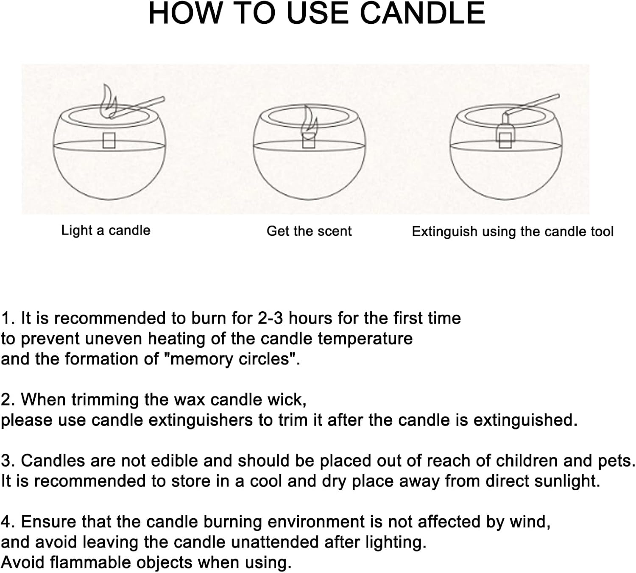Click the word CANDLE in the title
tap(422, 14)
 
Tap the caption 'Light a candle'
tap(106, 230)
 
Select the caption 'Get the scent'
tap(309, 231)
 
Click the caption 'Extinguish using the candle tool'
tap(512, 232)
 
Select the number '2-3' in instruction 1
tap(271, 318)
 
